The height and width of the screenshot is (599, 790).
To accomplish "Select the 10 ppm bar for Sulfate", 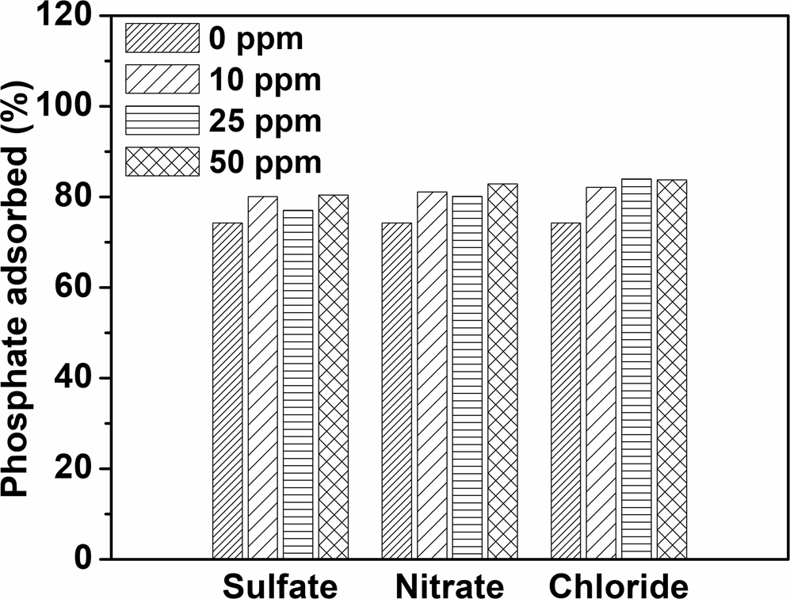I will click(x=262, y=377).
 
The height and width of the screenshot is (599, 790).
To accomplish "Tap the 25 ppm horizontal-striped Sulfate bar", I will click(x=297, y=384).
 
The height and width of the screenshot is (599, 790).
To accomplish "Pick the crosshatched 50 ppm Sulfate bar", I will click(x=333, y=376).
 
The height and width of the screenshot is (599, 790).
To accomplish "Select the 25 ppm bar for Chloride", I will click(x=636, y=368).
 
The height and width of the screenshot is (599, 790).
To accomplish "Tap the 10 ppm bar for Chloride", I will click(x=601, y=372).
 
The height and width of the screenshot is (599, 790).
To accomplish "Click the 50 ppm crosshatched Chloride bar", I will click(x=672, y=369).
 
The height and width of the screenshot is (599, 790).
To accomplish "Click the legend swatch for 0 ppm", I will click(x=162, y=38).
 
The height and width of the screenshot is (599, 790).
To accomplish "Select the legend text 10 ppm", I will click(x=265, y=80).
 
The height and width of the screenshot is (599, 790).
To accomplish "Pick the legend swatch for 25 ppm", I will click(x=162, y=121).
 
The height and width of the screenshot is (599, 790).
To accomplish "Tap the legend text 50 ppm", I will click(x=265, y=162).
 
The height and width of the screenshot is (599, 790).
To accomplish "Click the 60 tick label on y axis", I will click(x=82, y=288).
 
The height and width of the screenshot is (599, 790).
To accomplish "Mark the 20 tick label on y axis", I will click(x=82, y=468).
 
